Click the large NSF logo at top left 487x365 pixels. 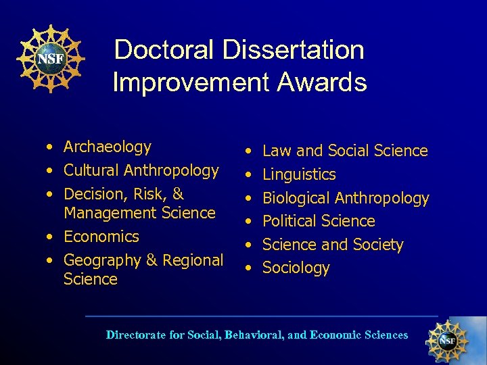coord(50,59)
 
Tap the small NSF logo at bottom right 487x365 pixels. coord(446,340)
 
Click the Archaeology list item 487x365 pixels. coord(107,147)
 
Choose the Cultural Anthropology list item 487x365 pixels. coord(141,170)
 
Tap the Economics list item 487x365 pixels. coord(101,237)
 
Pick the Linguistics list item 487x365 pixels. coord(299,174)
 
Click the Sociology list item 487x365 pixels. coord(296,268)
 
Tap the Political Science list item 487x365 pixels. coord(318,221)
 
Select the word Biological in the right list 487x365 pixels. coord(296,198)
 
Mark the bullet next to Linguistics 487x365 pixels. coord(250,175)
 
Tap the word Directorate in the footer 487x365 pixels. coord(136,335)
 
